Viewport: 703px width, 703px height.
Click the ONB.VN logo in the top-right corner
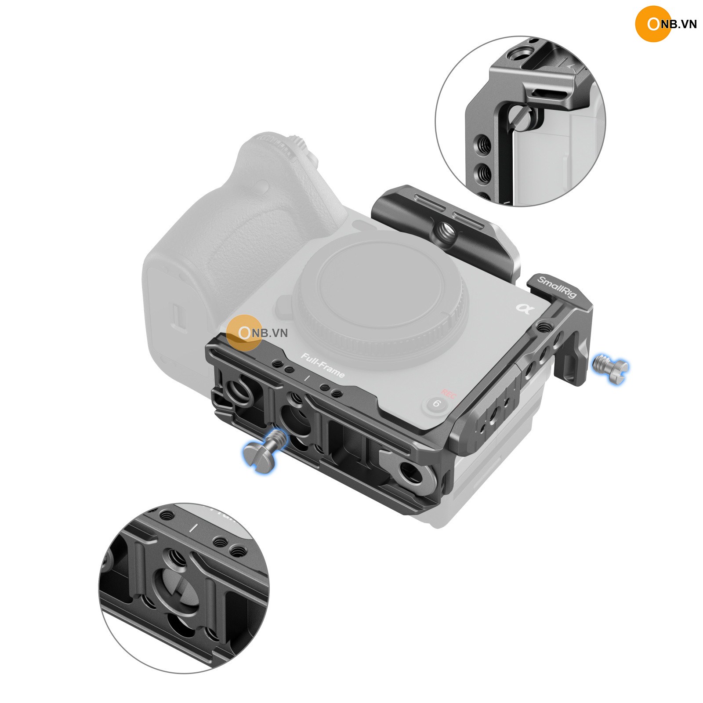[x=666, y=24]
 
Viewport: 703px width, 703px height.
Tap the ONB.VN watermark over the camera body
[x=257, y=333]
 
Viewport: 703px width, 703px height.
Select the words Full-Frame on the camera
[x=323, y=365]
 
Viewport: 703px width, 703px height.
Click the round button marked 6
[x=436, y=403]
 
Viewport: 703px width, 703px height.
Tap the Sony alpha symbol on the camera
[x=525, y=309]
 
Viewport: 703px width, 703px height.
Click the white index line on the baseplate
[x=307, y=378]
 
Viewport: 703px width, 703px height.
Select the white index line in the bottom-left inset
[x=192, y=528]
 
